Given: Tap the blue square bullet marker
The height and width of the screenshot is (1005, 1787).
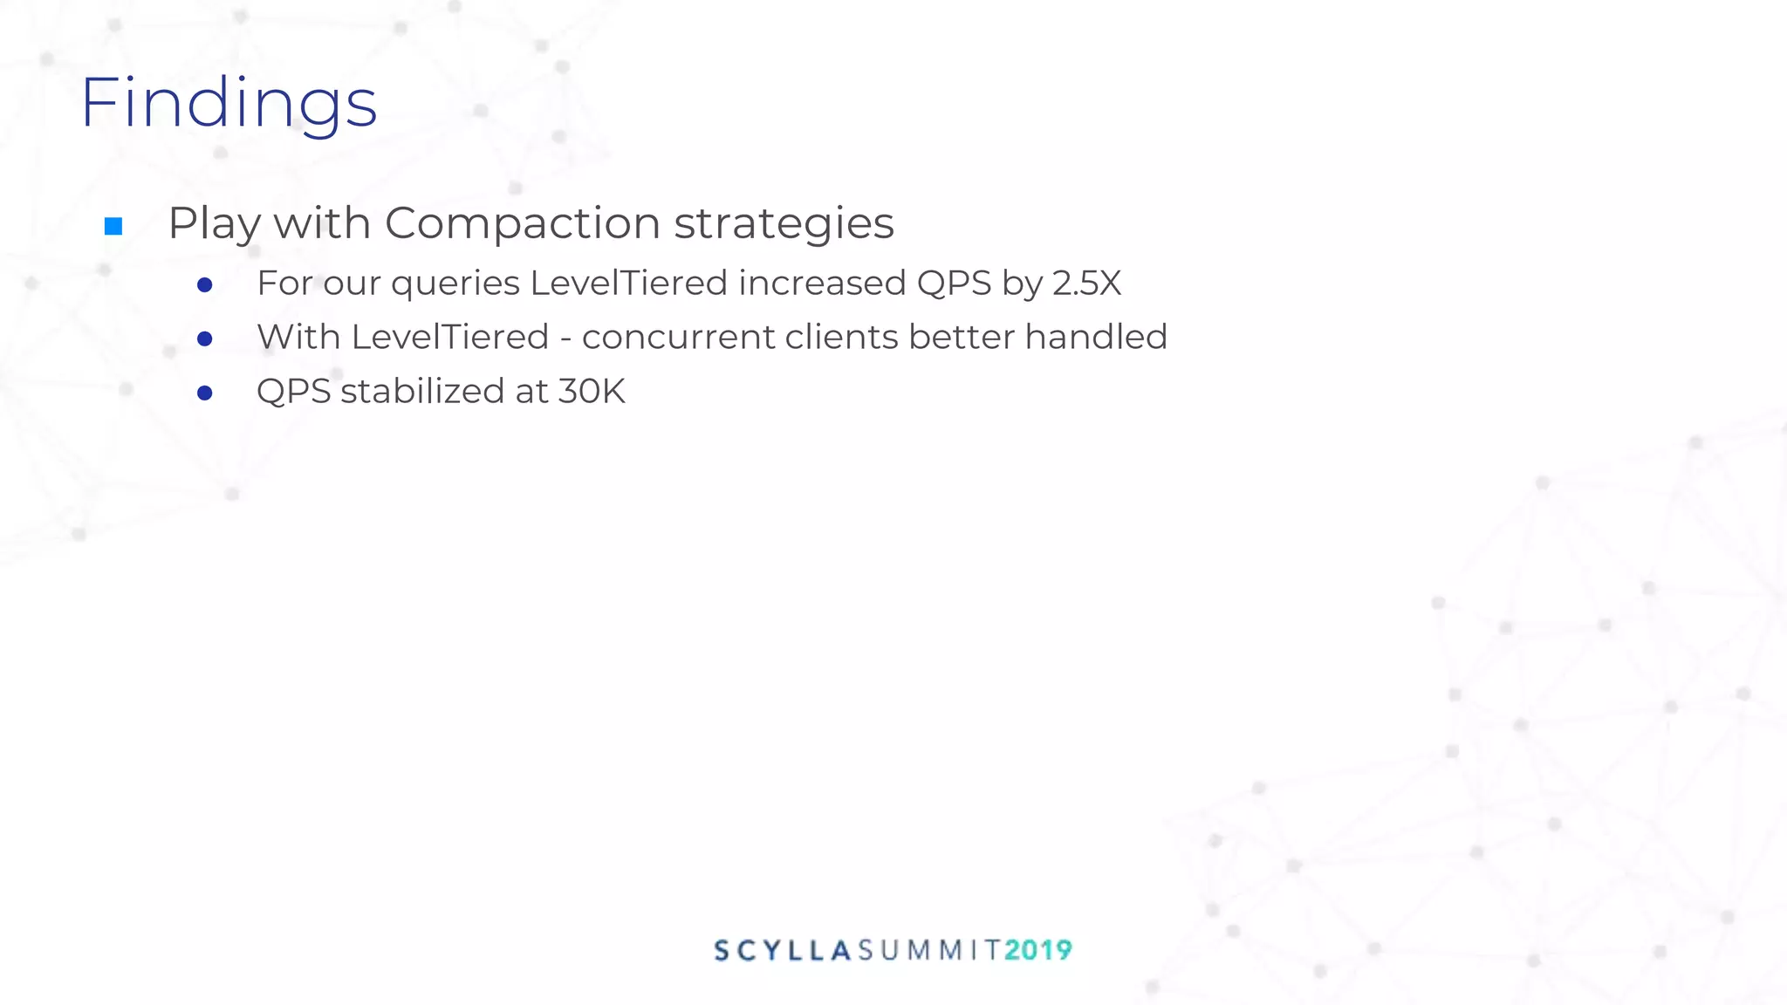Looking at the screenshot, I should tap(113, 227).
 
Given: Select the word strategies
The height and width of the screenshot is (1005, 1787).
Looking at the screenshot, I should tap(784, 223).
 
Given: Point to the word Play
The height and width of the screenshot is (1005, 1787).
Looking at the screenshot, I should tap(214, 223).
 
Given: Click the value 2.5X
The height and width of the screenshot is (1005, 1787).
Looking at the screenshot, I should tap(1086, 284).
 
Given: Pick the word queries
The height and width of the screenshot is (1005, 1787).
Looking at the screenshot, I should tap(455, 284).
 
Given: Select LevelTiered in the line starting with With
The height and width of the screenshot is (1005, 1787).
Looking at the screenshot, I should tap(449, 338).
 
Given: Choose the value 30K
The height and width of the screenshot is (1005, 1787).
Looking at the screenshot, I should tap(592, 392).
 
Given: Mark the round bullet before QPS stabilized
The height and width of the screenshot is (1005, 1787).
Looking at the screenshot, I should tap(205, 393).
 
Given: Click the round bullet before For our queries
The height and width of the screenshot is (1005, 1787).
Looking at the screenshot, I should tap(205, 285).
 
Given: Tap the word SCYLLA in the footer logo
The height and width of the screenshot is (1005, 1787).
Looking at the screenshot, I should tap(783, 950).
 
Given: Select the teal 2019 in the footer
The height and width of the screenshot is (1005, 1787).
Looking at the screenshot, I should tap(1037, 950).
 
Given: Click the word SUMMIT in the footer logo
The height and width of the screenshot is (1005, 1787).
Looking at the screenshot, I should tap(928, 950).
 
